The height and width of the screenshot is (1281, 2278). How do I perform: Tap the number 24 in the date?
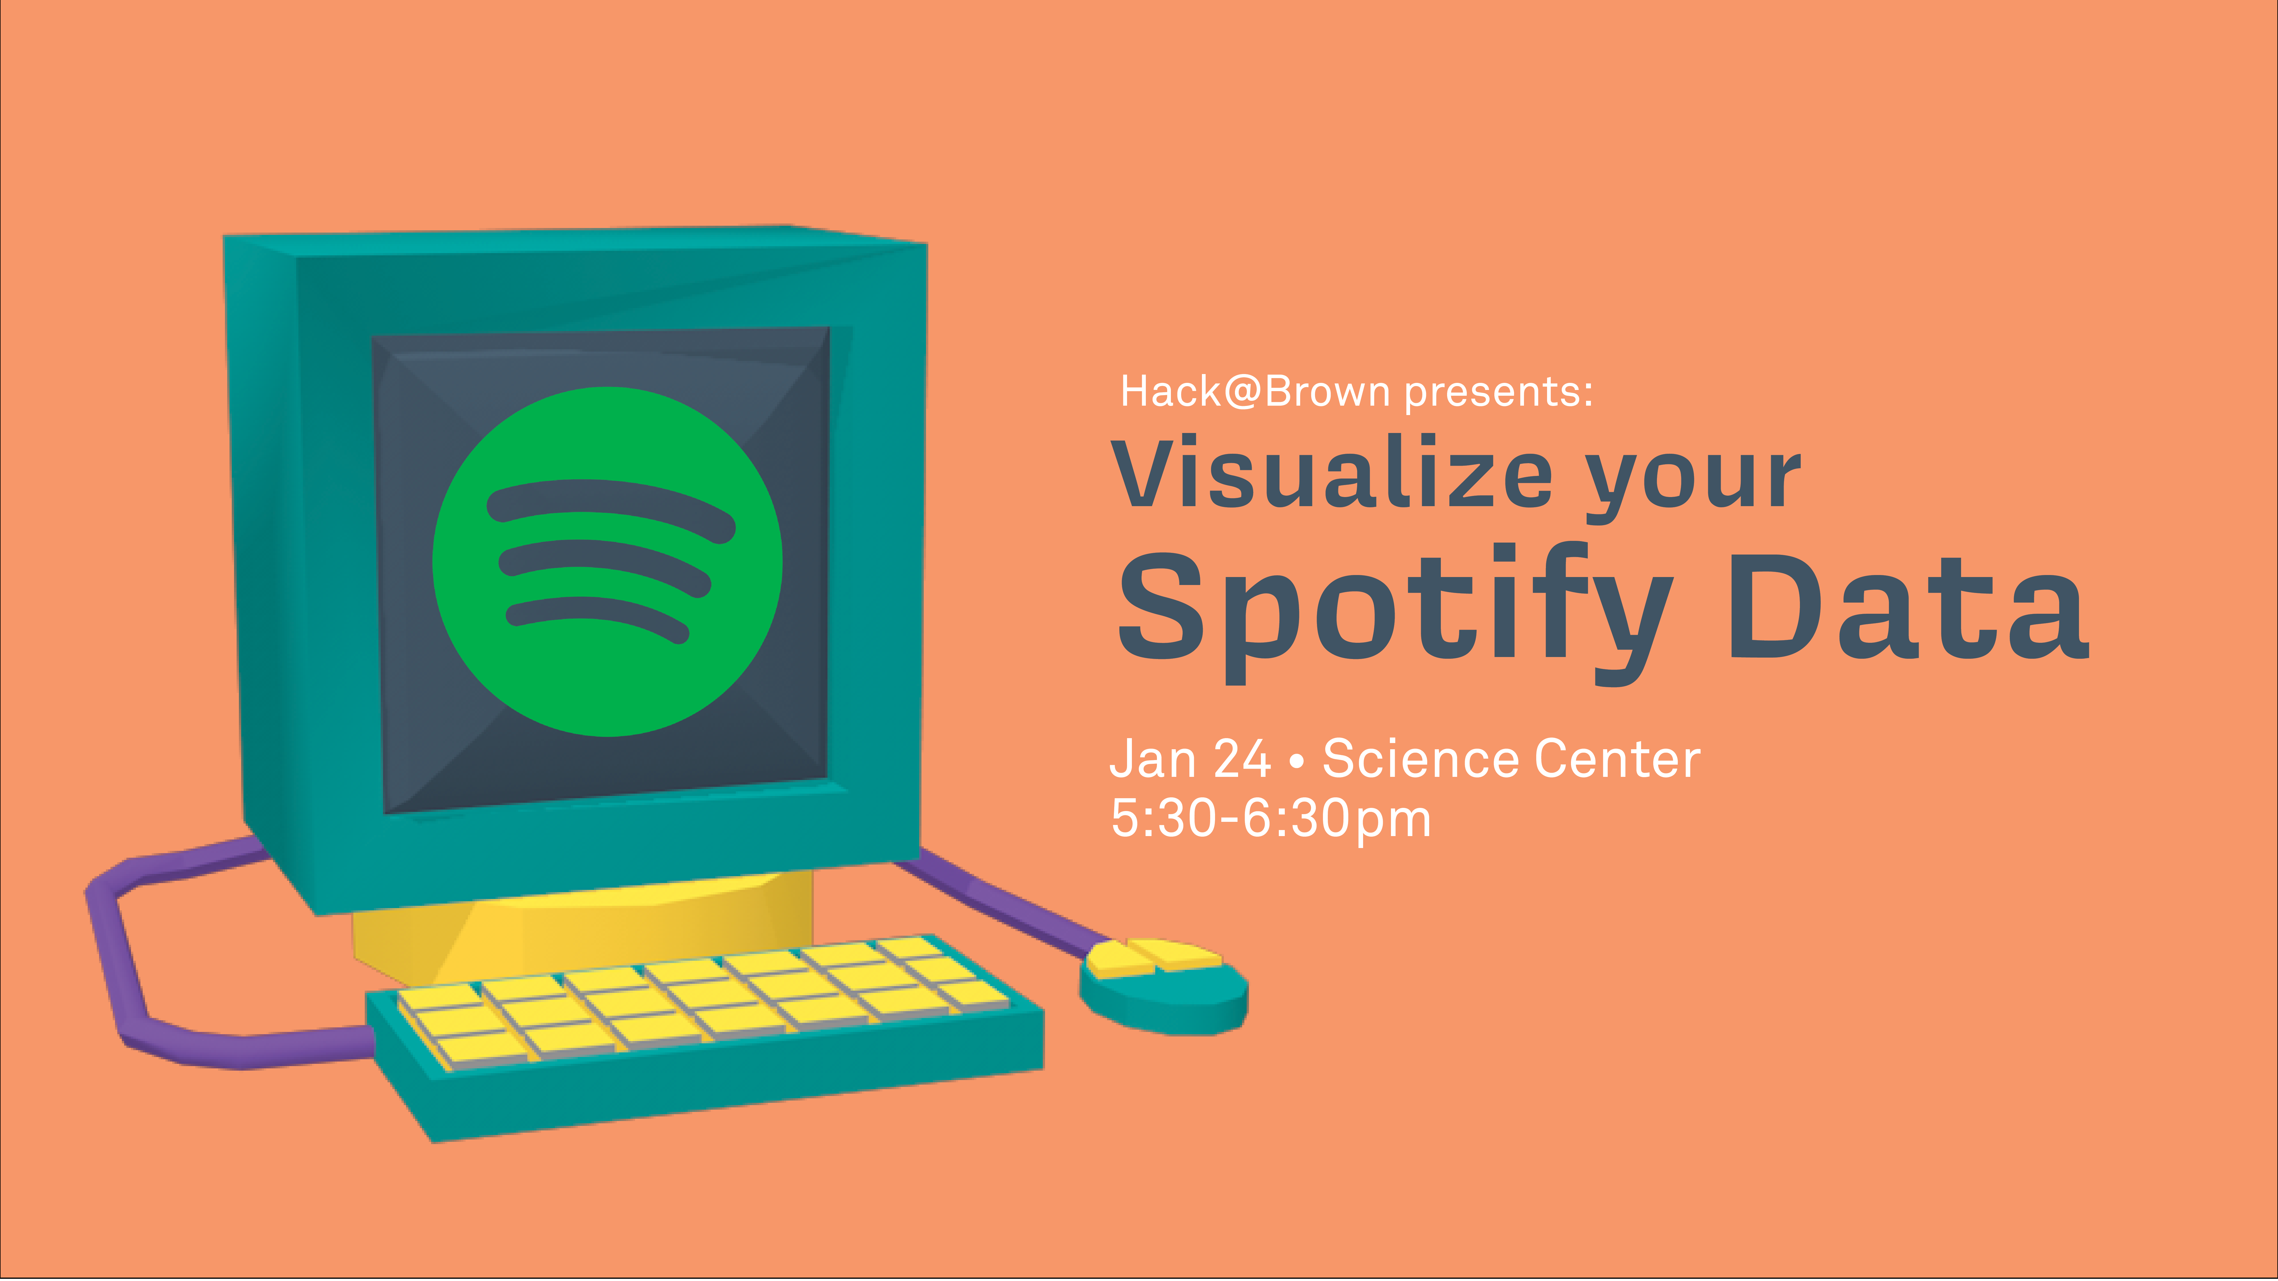(x=1242, y=759)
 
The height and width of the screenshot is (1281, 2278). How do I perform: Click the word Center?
(x=1617, y=759)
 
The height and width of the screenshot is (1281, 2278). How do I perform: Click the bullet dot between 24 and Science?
(x=1296, y=761)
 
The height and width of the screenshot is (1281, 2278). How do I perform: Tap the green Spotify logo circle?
(x=608, y=561)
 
